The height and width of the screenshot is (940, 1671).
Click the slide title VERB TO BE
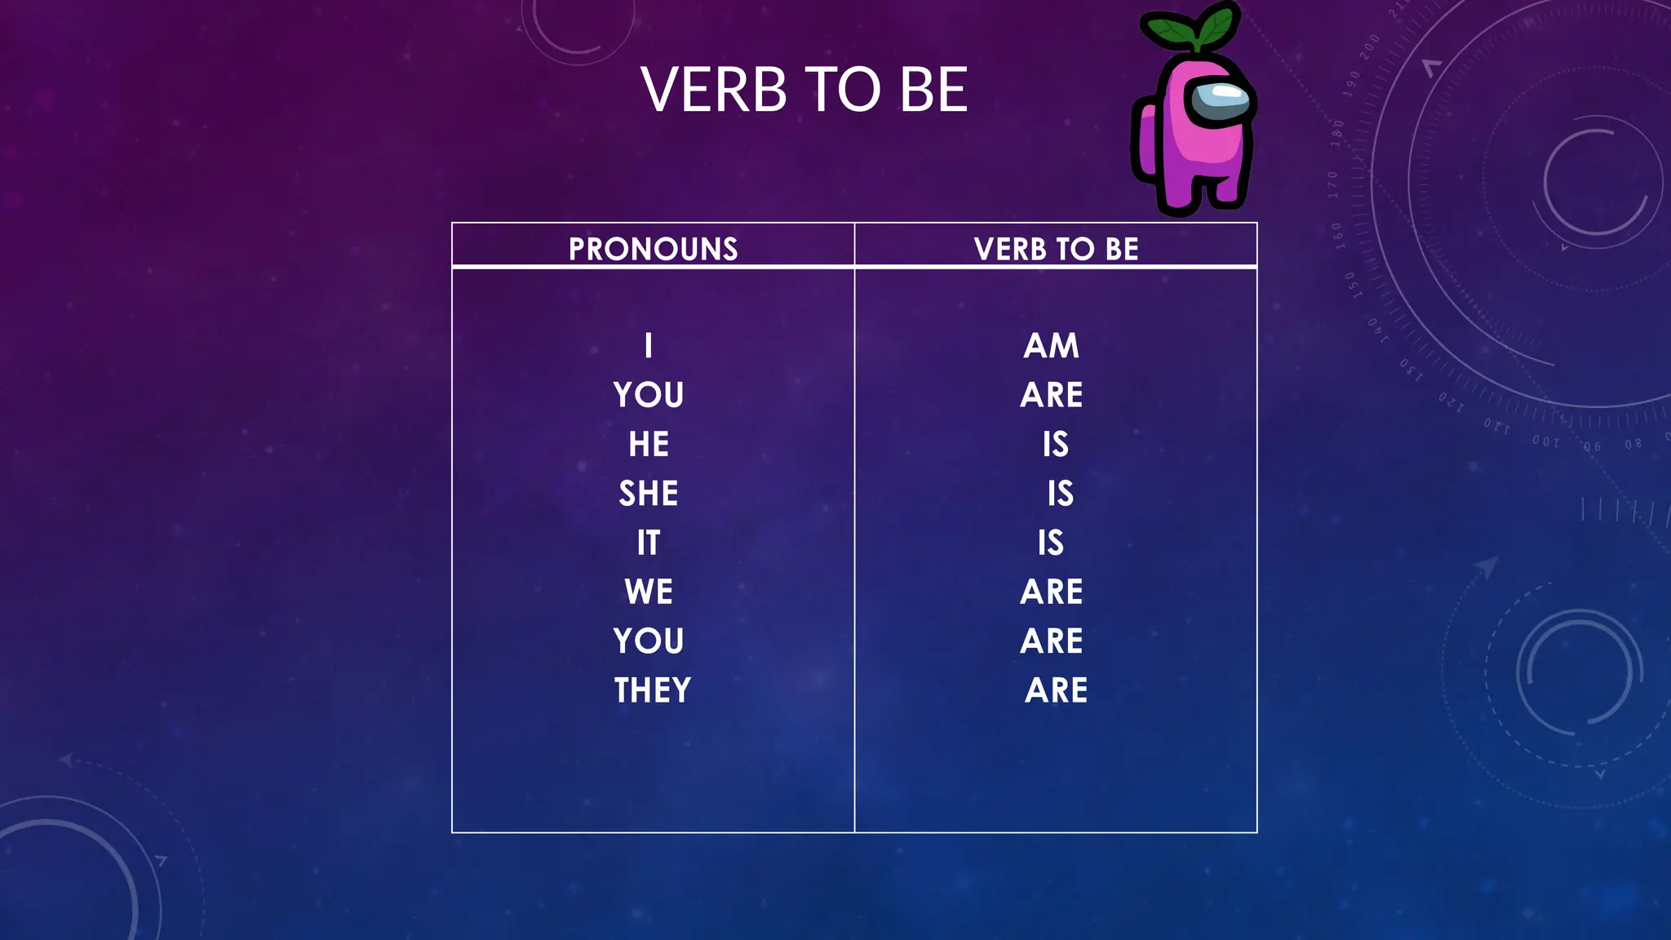pos(804,90)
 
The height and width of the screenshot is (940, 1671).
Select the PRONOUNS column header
pos(653,249)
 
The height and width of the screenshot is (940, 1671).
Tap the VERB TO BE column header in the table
pos(1056,249)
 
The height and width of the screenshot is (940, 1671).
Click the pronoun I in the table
pos(649,346)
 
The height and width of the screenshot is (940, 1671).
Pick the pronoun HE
pos(649,445)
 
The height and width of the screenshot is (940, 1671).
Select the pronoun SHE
pos(649,494)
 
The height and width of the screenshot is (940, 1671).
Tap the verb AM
pos(1052,346)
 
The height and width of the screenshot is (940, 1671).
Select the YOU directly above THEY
pos(649,641)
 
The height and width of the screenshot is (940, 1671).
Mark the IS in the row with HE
pos(1055,445)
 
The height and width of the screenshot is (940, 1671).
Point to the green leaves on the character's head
pos(1191,29)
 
